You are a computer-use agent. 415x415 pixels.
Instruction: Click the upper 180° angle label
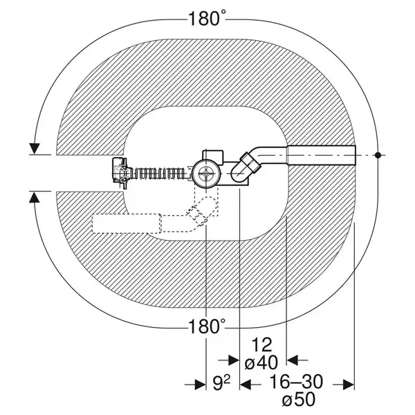(x=207, y=18)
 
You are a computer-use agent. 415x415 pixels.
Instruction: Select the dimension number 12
(x=261, y=344)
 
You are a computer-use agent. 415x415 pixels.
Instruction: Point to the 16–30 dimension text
(x=296, y=382)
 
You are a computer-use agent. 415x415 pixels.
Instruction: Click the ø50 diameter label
(x=299, y=399)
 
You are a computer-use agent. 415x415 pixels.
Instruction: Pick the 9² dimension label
(x=221, y=382)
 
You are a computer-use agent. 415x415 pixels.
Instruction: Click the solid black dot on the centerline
(x=378, y=155)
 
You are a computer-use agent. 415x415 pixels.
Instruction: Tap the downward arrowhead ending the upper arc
(x=35, y=148)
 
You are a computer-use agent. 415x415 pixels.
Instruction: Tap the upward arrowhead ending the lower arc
(x=35, y=197)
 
